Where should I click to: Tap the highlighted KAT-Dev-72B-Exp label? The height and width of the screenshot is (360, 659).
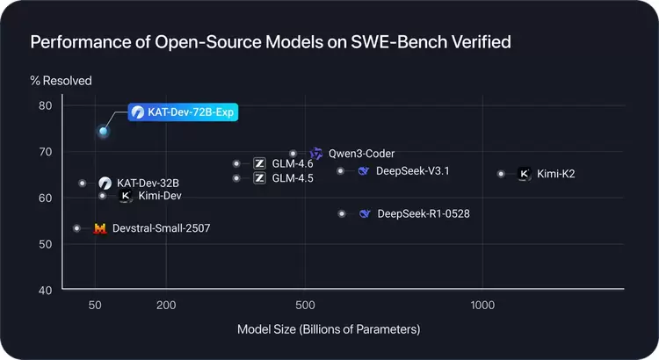pyautogui.click(x=183, y=112)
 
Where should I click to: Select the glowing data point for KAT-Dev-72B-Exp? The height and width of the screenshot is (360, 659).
pyautogui.click(x=103, y=132)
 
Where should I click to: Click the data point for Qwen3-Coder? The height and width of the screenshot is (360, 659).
pyautogui.click(x=293, y=154)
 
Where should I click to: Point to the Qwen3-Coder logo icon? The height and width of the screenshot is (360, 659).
pyautogui.click(x=316, y=154)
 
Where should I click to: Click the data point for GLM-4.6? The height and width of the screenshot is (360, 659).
pyautogui.click(x=236, y=163)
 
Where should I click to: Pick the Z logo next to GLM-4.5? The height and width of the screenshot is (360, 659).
pyautogui.click(x=259, y=178)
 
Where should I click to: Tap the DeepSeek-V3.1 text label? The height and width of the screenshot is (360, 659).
pyautogui.click(x=412, y=170)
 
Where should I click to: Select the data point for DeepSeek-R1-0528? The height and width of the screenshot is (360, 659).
pyautogui.click(x=342, y=213)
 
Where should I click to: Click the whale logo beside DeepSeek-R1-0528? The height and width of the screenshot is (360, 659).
pyautogui.click(x=365, y=213)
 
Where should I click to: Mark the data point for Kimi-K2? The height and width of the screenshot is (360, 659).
pyautogui.click(x=501, y=174)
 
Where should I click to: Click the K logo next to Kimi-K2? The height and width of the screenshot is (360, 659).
pyautogui.click(x=524, y=174)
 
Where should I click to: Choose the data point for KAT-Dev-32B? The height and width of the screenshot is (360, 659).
pyautogui.click(x=82, y=184)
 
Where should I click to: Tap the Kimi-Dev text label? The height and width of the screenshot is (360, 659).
pyautogui.click(x=154, y=197)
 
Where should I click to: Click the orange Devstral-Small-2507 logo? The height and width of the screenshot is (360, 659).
pyautogui.click(x=99, y=228)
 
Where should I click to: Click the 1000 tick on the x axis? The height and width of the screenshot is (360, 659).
pyautogui.click(x=482, y=306)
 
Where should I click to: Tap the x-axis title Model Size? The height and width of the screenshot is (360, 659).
pyautogui.click(x=329, y=329)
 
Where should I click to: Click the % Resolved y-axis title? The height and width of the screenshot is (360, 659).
pyautogui.click(x=61, y=81)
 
